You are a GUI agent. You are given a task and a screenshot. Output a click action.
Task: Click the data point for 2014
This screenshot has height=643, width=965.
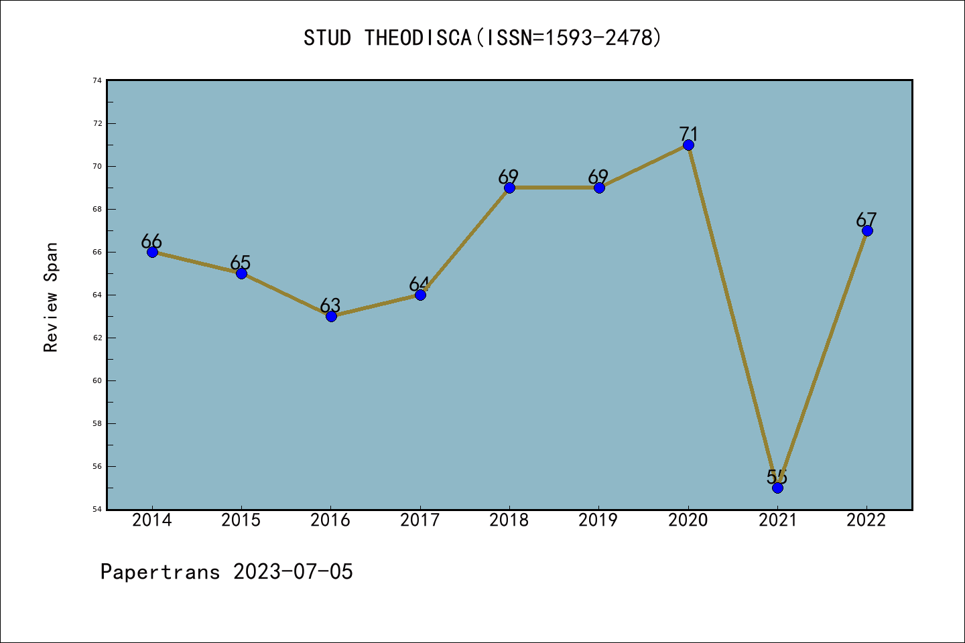[x=152, y=252]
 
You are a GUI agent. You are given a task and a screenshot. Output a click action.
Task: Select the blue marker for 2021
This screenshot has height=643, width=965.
[x=777, y=488]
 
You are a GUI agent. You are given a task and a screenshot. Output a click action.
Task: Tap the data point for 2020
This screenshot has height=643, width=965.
[x=688, y=145]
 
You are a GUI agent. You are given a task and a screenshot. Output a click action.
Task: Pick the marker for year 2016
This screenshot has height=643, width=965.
[x=331, y=316]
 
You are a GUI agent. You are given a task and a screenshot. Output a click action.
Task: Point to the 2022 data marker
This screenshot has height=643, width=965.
[x=867, y=230]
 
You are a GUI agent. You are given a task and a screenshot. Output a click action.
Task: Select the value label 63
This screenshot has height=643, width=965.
[x=330, y=305]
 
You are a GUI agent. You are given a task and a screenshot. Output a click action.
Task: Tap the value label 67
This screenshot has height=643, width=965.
[x=866, y=220]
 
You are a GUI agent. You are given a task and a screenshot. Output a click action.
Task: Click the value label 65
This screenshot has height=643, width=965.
[x=241, y=263]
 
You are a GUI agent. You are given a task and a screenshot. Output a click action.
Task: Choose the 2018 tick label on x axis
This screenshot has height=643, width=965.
[x=509, y=520]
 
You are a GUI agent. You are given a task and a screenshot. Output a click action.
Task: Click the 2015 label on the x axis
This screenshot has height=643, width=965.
[x=241, y=520]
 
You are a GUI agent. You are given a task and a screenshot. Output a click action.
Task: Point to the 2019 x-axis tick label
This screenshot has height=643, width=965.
[x=598, y=520]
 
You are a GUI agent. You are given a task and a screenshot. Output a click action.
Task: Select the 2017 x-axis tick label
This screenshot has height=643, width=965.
[x=420, y=520]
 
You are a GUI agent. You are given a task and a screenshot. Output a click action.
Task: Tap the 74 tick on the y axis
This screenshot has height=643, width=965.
[x=97, y=80]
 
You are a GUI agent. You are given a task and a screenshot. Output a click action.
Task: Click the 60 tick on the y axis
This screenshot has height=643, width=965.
[x=97, y=380]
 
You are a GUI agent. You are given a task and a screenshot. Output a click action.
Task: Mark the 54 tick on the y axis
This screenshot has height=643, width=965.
[x=97, y=509]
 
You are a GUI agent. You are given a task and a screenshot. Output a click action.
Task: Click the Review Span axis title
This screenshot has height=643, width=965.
[x=51, y=297]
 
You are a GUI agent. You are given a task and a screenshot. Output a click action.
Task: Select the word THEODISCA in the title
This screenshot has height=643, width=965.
[x=418, y=38]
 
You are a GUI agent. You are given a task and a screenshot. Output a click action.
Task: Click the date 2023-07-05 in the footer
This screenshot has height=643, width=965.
[x=293, y=572]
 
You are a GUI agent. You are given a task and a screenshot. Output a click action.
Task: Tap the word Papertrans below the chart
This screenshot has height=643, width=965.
[x=160, y=572]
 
